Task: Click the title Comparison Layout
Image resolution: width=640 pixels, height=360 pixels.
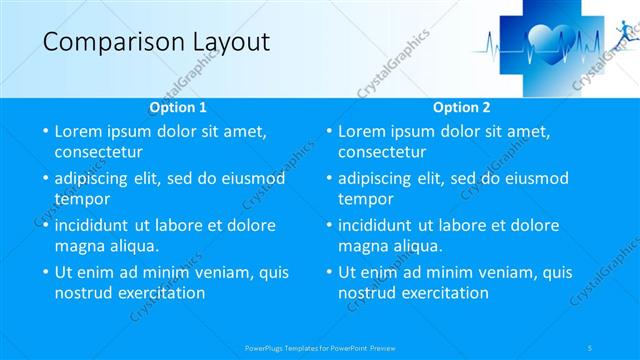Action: (156, 41)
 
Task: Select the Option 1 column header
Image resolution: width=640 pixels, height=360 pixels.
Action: (178, 107)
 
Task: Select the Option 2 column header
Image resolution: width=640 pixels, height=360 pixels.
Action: (462, 107)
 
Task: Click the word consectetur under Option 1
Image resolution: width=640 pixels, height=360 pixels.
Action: (98, 152)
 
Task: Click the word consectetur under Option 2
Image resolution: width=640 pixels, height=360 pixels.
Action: (382, 152)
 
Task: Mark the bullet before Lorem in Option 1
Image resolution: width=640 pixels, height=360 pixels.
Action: (44, 131)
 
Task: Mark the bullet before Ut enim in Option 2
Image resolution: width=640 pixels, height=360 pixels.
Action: (328, 272)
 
